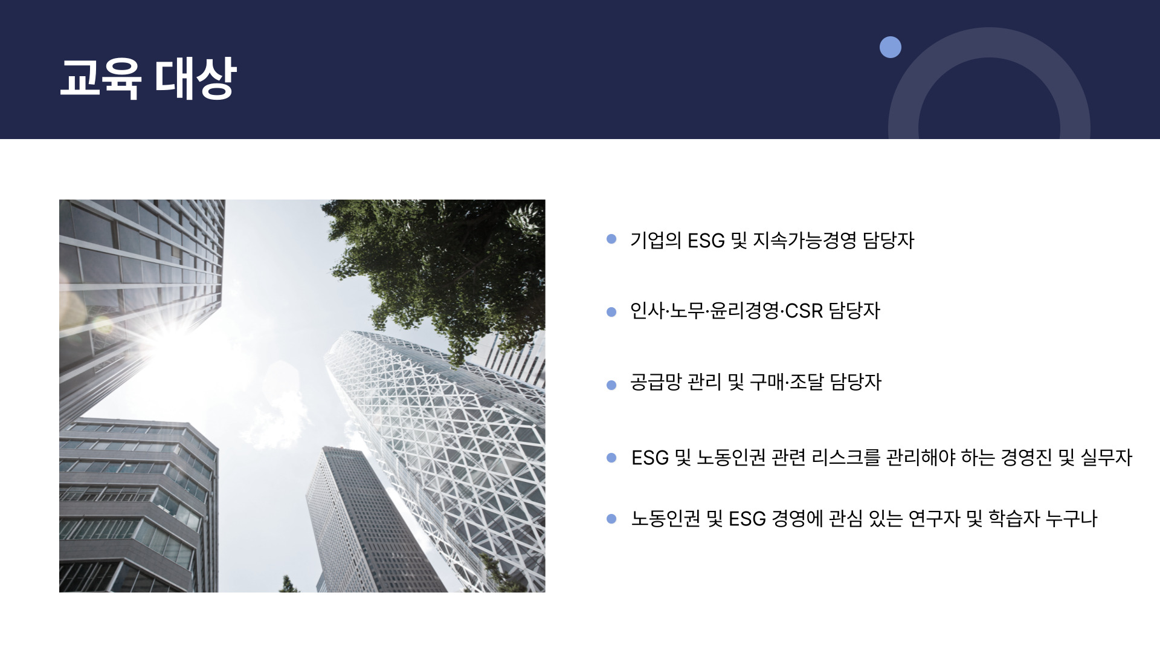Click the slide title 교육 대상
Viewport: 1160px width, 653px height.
click(148, 78)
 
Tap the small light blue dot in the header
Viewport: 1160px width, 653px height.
click(890, 47)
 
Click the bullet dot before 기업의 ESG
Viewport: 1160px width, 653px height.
click(611, 239)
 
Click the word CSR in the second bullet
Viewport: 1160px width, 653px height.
click(804, 311)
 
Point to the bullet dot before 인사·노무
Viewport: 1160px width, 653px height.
click(611, 312)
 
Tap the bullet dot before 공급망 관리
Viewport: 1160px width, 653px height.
click(611, 385)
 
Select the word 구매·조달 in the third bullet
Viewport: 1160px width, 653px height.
click(787, 382)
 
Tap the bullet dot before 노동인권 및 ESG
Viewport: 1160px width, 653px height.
click(611, 519)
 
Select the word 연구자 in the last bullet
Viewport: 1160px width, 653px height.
click(933, 519)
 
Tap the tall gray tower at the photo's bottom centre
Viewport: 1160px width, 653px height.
click(369, 520)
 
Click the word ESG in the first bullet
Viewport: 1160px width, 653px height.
click(706, 241)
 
